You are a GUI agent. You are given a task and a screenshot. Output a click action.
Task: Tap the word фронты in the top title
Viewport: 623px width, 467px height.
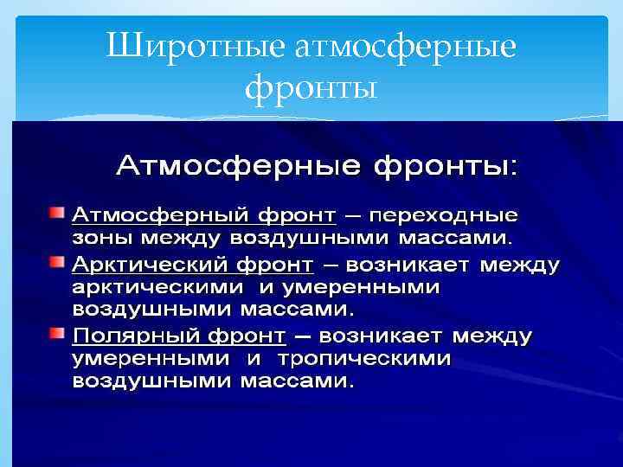pyautogui.click(x=311, y=87)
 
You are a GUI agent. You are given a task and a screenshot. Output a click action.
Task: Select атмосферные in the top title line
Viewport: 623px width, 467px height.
pyautogui.click(x=406, y=47)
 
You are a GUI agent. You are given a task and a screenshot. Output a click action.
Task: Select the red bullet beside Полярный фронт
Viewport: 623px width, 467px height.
pyautogui.click(x=56, y=333)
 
